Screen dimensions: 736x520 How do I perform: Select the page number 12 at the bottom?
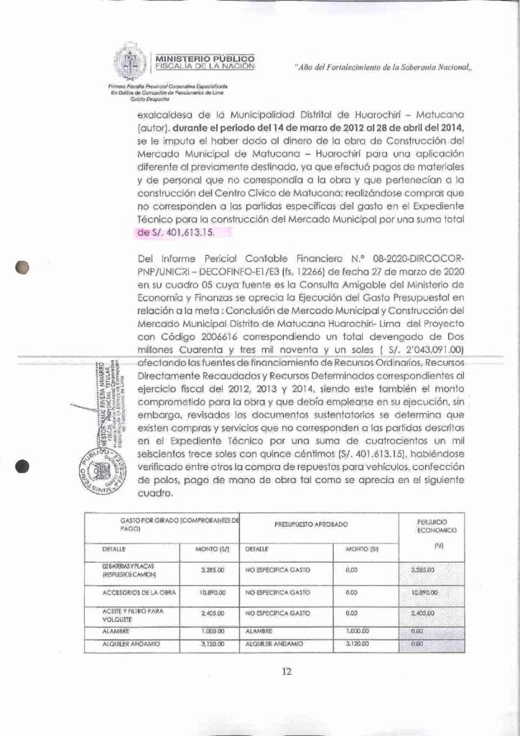[287, 672]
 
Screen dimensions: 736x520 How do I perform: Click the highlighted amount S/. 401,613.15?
[185, 232]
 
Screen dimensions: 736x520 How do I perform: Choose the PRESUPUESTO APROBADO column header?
[312, 525]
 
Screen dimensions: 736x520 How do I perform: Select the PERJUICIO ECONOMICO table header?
[434, 526]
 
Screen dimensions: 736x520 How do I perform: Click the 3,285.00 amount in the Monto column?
[213, 569]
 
